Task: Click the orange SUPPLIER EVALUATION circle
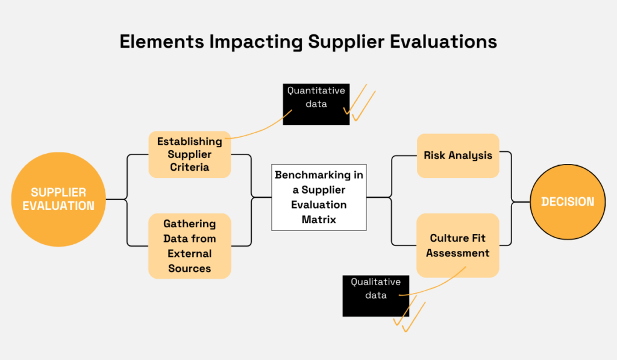tap(58, 199)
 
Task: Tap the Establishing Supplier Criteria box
tap(189, 154)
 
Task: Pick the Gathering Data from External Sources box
tap(189, 246)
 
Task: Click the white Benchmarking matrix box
tap(319, 197)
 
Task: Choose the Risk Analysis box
tap(458, 156)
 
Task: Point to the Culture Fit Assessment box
tap(458, 245)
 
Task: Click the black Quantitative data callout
tap(316, 104)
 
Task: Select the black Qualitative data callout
tap(375, 295)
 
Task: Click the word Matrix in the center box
tap(319, 220)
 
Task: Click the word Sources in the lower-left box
tap(189, 268)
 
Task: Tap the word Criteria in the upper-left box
tap(189, 167)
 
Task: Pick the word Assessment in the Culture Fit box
tap(458, 253)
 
